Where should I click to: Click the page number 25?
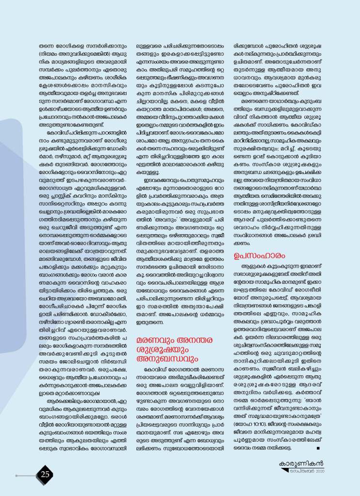click(x=46, y=474)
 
